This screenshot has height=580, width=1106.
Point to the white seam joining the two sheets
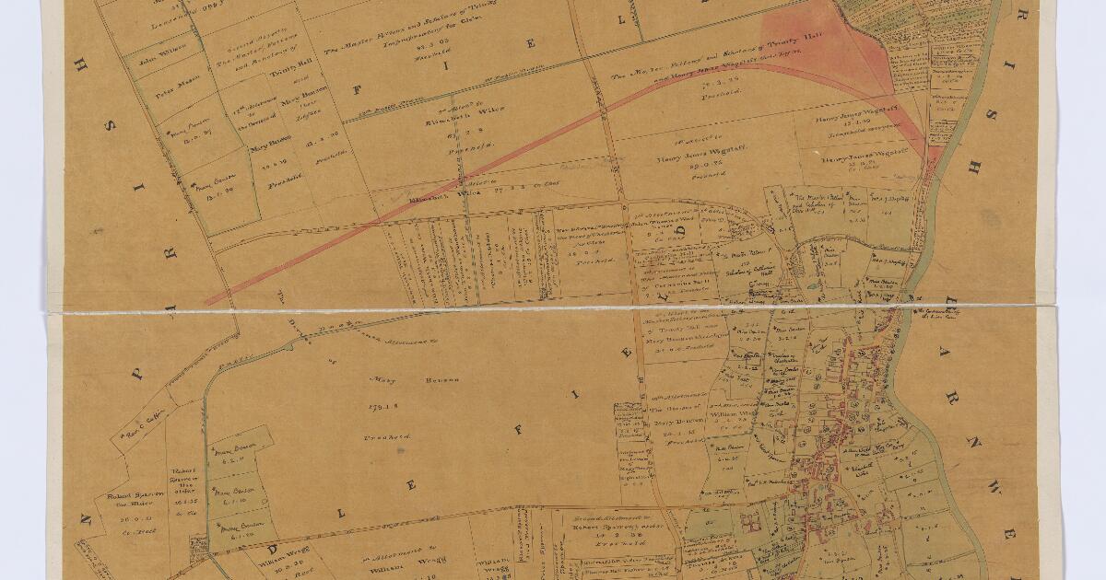553,310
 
